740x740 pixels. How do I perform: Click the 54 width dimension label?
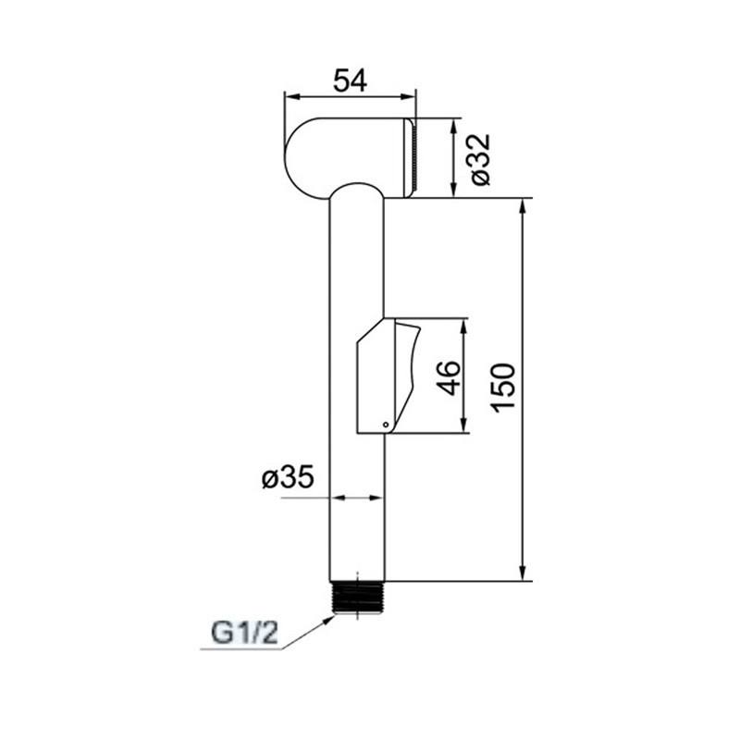point(350,80)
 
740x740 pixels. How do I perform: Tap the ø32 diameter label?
point(480,159)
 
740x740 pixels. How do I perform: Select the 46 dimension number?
point(449,378)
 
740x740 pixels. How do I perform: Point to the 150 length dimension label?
point(503,388)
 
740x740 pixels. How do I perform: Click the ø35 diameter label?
point(288,477)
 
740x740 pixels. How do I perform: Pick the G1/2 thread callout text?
point(245,634)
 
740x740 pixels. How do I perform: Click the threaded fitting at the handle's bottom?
point(358,598)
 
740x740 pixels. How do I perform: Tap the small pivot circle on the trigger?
point(386,425)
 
